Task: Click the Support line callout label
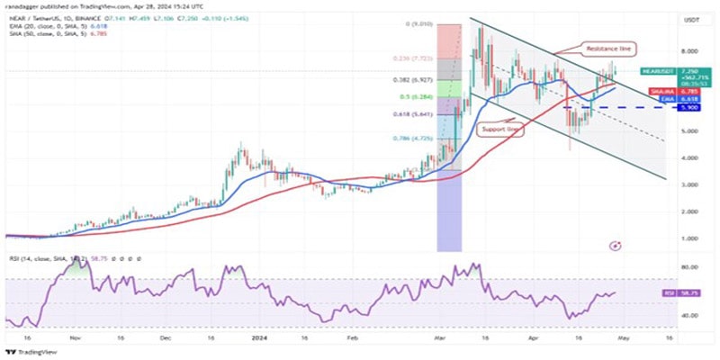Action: [500, 130]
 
